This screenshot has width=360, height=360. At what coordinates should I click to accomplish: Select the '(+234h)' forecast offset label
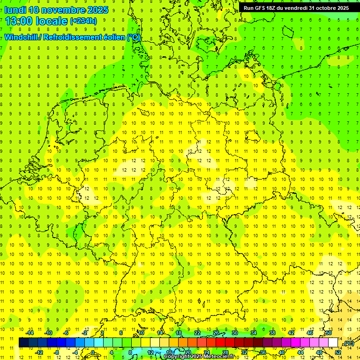tap(83, 21)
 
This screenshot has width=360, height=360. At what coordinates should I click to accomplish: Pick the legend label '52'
tap(338, 352)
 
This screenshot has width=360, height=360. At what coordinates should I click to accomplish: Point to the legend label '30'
tap(235, 333)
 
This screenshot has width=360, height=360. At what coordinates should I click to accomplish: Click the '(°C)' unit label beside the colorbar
tap(348, 343)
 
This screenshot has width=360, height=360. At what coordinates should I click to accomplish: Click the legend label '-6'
tap(67, 333)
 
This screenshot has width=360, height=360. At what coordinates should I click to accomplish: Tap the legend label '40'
tap(282, 352)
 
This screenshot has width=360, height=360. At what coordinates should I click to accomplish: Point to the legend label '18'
tap(179, 333)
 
